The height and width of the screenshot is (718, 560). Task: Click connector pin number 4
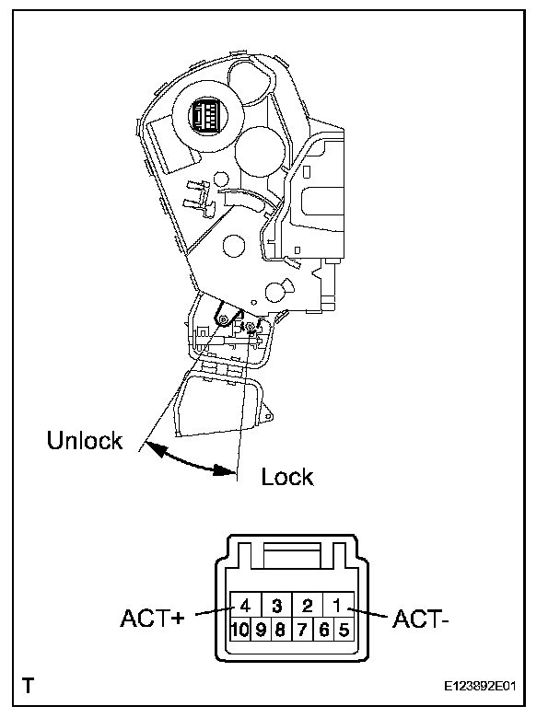(x=246, y=606)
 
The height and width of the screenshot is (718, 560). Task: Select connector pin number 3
(x=277, y=606)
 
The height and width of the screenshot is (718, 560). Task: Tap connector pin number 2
(x=308, y=606)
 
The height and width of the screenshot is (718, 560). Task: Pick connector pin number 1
(x=338, y=606)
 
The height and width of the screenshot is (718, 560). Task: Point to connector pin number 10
(x=239, y=630)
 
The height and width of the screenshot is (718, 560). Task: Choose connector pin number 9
(x=261, y=630)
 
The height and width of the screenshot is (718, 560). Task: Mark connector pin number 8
(x=281, y=630)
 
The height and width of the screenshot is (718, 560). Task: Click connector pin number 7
(x=302, y=630)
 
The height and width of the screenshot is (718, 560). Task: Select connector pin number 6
(x=323, y=630)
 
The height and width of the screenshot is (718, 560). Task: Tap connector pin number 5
(x=344, y=630)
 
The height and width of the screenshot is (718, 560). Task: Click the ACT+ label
(x=152, y=619)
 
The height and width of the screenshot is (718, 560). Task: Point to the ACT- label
(x=421, y=620)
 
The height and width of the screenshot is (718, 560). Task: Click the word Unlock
(x=85, y=440)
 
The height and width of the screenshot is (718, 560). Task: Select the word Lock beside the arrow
(x=287, y=477)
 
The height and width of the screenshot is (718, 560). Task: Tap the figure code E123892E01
(x=480, y=686)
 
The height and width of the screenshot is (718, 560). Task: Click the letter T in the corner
(x=28, y=686)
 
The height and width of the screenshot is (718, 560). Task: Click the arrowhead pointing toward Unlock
(x=155, y=448)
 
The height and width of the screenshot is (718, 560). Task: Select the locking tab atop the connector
(x=292, y=554)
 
